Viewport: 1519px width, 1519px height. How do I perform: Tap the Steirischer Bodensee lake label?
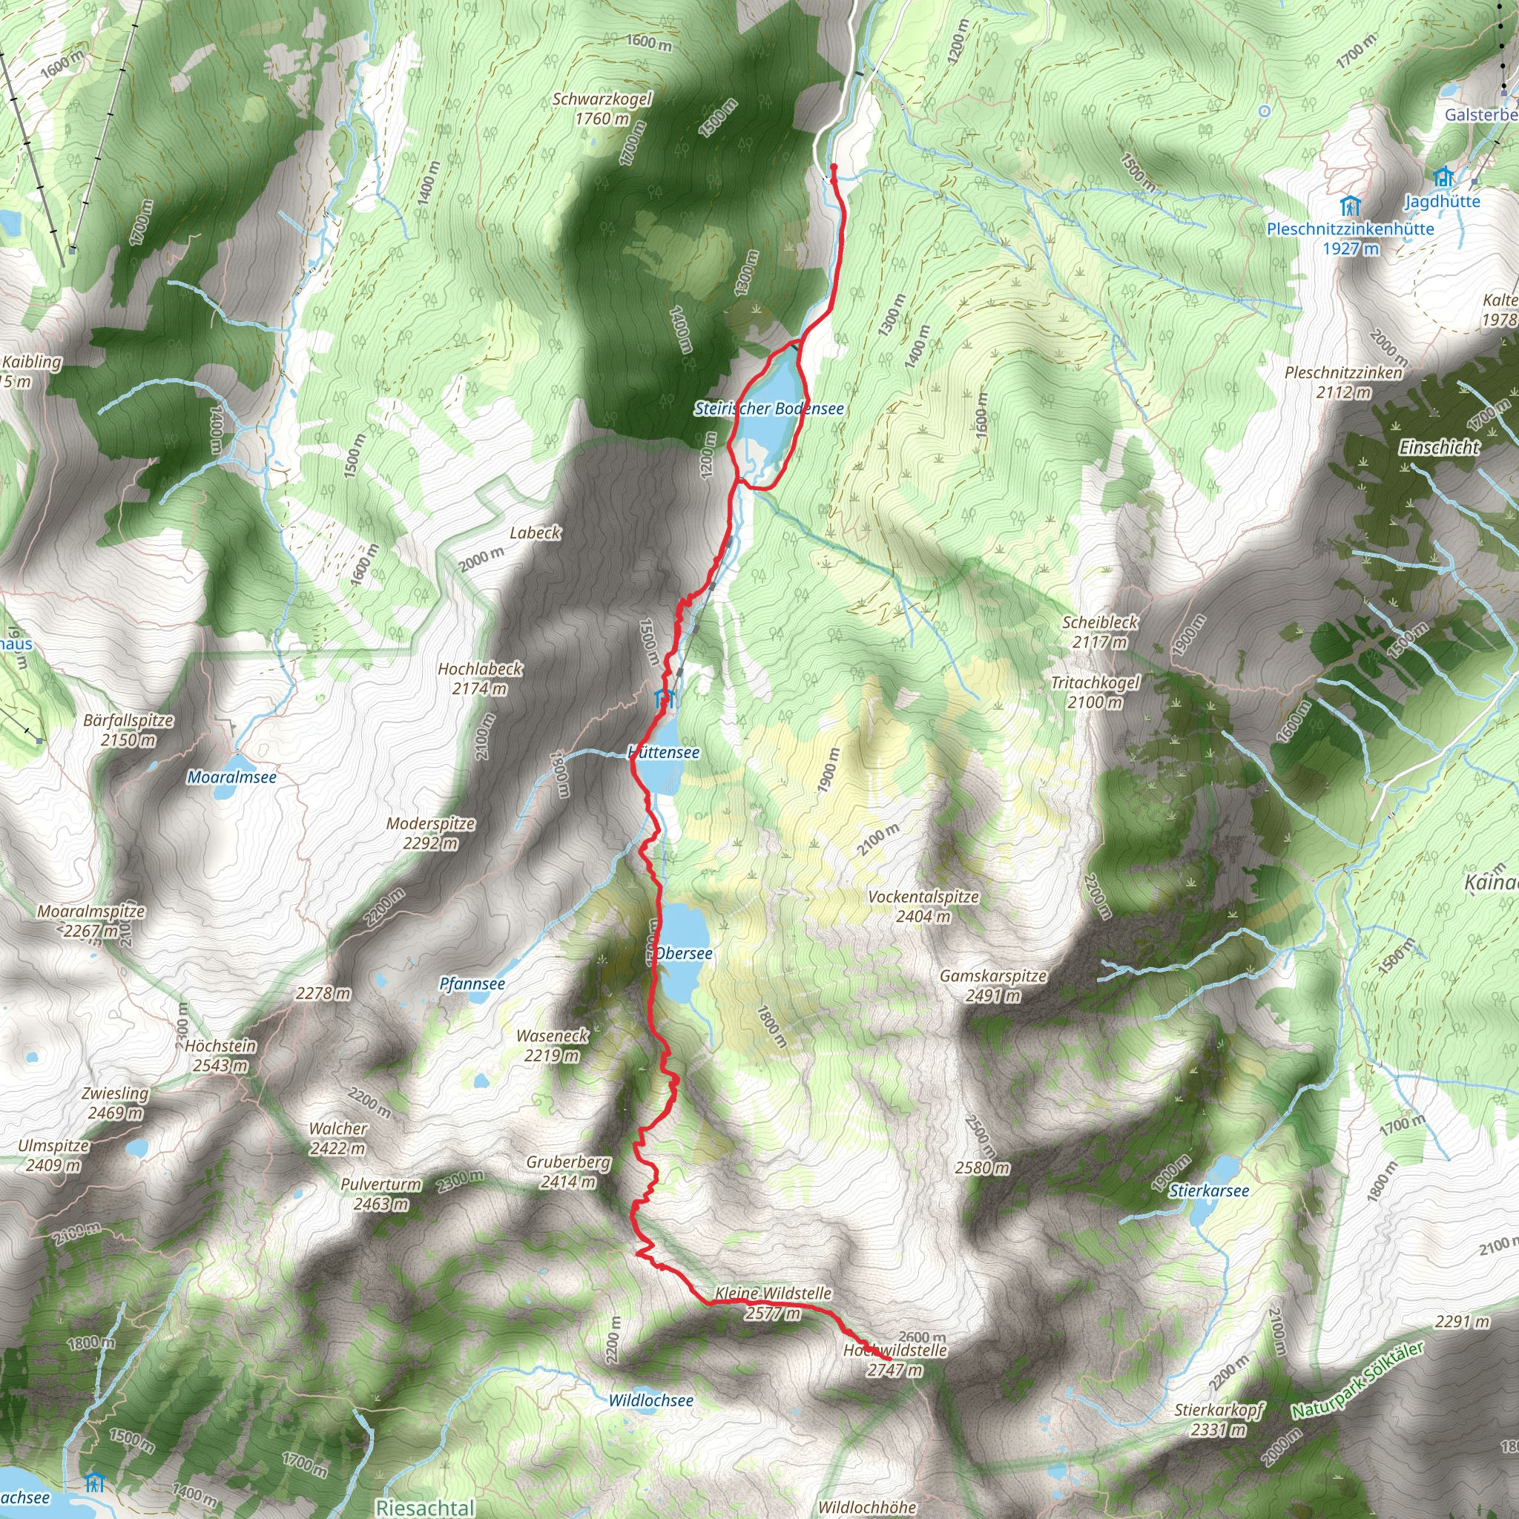click(x=768, y=409)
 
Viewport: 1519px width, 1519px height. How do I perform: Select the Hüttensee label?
click(x=665, y=752)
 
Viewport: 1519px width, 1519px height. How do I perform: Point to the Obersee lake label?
click(x=683, y=954)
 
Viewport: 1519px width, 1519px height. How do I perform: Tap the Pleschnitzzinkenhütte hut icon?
click(x=1350, y=207)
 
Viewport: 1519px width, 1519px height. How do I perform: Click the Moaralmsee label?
click(x=231, y=777)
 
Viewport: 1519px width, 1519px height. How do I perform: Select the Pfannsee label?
click(x=472, y=984)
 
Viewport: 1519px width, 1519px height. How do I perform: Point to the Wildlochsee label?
click(x=651, y=1401)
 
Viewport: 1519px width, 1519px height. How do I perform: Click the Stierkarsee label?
click(x=1208, y=1191)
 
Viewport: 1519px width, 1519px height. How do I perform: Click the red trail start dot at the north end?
click(x=834, y=168)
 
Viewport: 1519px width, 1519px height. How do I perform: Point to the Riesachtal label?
click(x=424, y=1507)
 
